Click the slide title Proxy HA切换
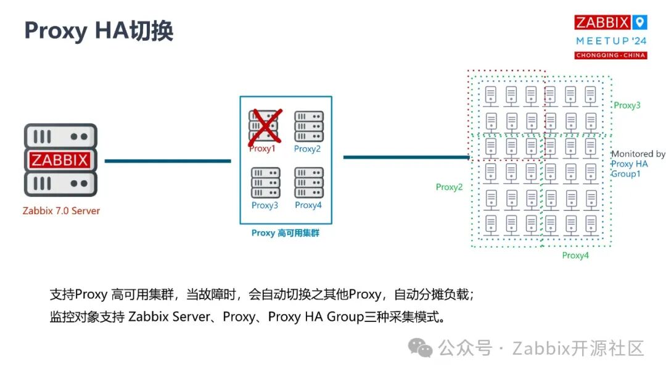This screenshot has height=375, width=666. (x=99, y=30)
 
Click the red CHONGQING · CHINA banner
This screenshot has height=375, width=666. (x=610, y=56)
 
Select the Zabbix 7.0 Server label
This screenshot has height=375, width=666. (x=61, y=211)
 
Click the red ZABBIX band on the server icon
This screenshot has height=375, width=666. (x=60, y=160)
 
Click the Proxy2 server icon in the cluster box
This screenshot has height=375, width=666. (x=308, y=126)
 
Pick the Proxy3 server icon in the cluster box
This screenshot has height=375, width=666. (x=265, y=183)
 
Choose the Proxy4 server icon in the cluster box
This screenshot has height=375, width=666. (x=308, y=183)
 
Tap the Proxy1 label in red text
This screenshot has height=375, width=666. (x=262, y=149)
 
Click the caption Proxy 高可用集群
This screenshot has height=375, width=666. (x=286, y=233)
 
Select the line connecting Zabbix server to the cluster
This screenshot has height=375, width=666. (x=167, y=161)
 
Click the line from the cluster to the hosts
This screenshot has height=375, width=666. (x=406, y=157)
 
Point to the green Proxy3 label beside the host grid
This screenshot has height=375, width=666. (x=627, y=105)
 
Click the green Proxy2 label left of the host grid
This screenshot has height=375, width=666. (x=449, y=187)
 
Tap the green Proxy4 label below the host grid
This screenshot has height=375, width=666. (x=575, y=255)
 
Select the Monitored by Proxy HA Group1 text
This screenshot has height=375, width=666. (x=638, y=163)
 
